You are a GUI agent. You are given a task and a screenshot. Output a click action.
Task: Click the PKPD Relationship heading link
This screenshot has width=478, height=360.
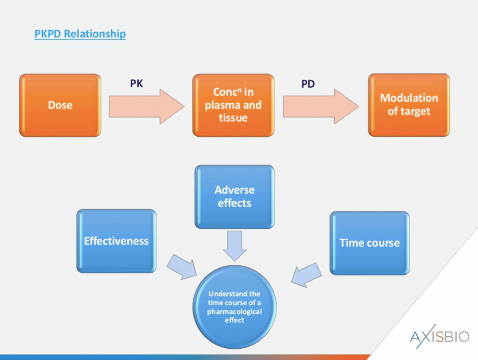click(80, 34)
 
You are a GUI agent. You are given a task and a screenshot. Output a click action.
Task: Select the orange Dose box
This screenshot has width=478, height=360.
click(60, 105)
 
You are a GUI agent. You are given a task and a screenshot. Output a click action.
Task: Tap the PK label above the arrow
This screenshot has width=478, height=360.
click(136, 85)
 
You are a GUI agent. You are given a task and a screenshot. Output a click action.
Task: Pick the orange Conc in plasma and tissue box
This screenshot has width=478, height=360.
click(233, 105)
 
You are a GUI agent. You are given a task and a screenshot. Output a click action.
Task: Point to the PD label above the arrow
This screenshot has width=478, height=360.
click(308, 85)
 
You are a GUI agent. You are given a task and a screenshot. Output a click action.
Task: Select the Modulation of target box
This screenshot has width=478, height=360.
click(409, 105)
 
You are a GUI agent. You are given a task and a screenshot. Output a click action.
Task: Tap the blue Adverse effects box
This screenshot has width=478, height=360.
click(234, 197)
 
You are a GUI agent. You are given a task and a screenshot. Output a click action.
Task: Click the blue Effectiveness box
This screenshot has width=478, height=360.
click(116, 241)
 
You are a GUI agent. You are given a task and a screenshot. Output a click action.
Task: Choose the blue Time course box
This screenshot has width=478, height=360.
click(369, 243)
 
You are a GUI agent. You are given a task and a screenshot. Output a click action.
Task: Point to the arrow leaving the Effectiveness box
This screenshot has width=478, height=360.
click(183, 267)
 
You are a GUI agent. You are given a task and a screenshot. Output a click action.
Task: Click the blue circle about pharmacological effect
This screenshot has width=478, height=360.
click(235, 306)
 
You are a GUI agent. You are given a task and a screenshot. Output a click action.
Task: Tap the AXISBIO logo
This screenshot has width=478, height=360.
click(439, 335)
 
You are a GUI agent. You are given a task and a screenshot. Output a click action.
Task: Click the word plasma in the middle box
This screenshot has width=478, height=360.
click(223, 105)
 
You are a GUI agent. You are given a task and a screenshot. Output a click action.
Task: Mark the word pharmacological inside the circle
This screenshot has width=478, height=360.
click(235, 311)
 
